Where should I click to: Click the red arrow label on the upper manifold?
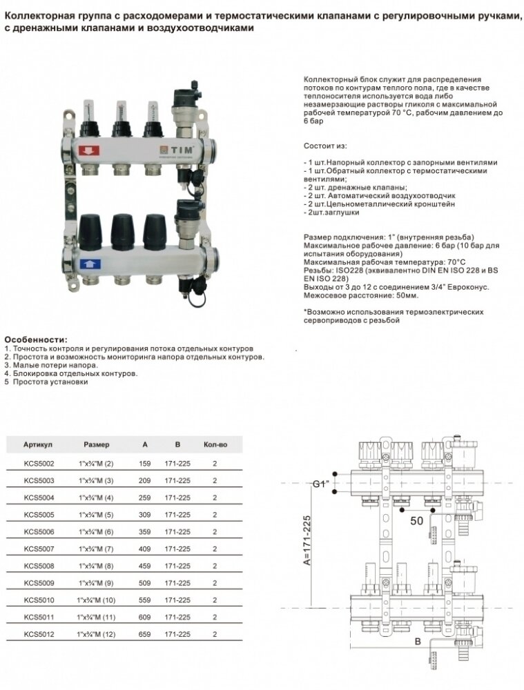pyautogui.click(x=90, y=150)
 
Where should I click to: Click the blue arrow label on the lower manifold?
pyautogui.click(x=90, y=263)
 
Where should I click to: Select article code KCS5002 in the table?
pyautogui.click(x=39, y=463)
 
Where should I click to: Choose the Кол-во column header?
pyautogui.click(x=215, y=444)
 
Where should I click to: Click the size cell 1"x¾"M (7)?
pyautogui.click(x=97, y=549)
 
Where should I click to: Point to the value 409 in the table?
pyautogui.click(x=145, y=549)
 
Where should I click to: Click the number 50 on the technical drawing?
pyautogui.click(x=416, y=522)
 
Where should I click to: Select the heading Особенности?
pyautogui.click(x=36, y=340)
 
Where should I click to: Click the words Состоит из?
pyautogui.click(x=327, y=147)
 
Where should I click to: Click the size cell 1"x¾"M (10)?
pyautogui.click(x=97, y=600)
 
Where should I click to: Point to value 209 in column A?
pyautogui.click(x=145, y=480)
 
